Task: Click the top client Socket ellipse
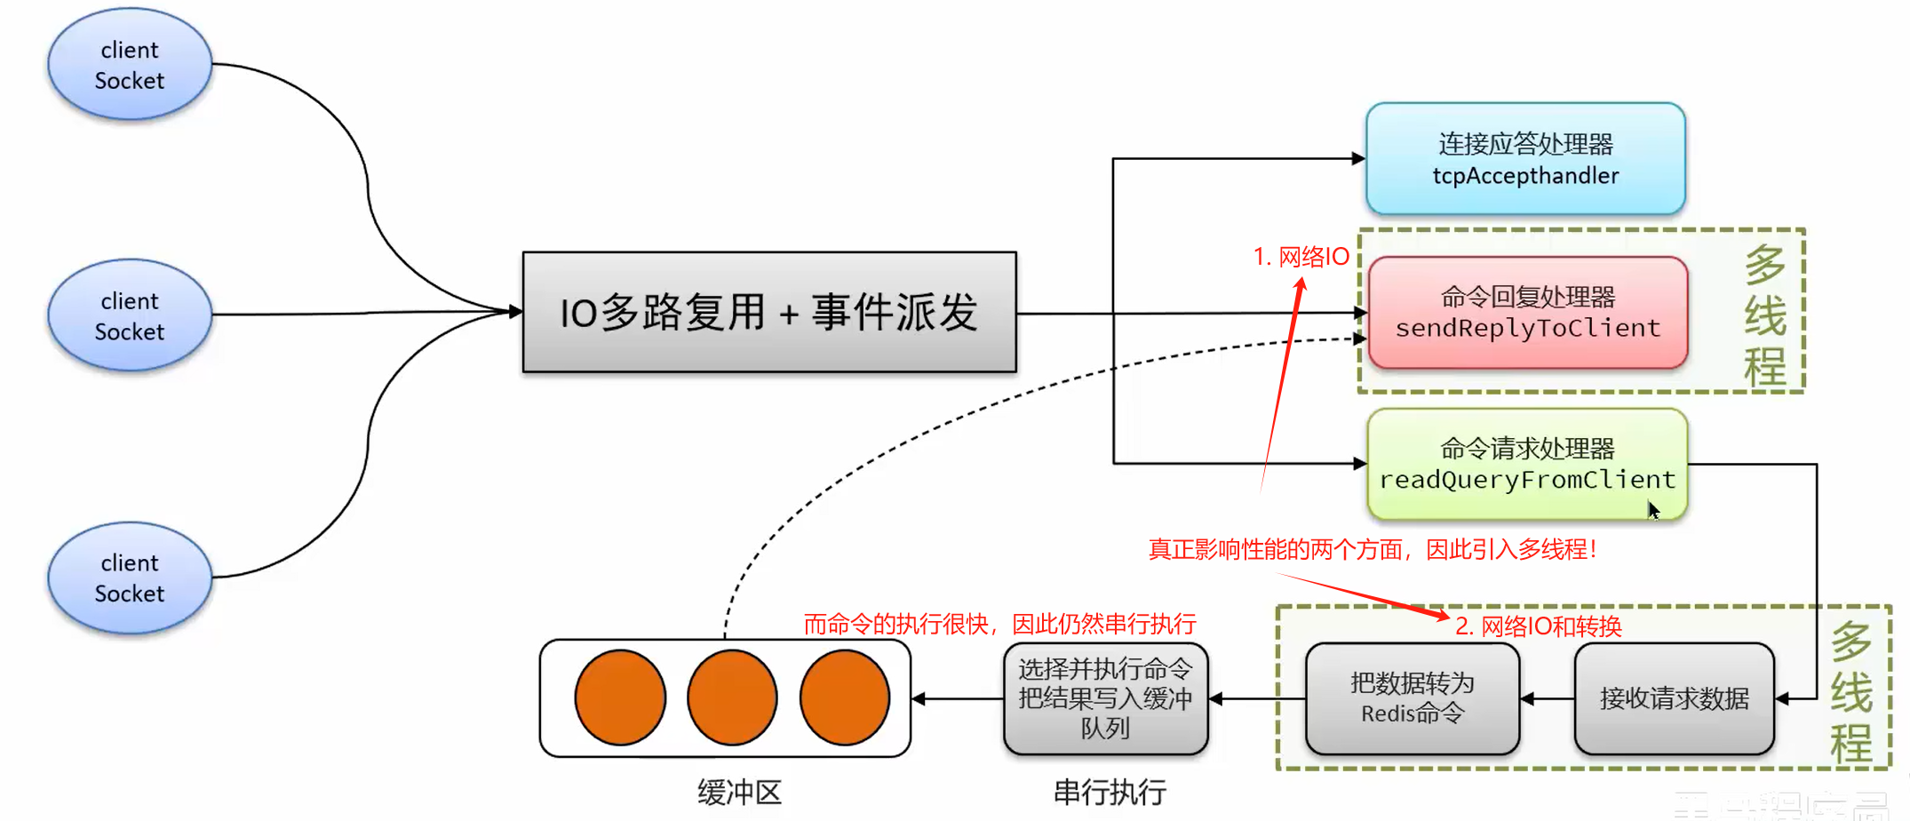[x=130, y=64]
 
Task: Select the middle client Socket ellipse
[x=130, y=315]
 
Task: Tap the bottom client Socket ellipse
[x=130, y=578]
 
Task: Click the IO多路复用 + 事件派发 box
[x=769, y=312]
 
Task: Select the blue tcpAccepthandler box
[x=1525, y=159]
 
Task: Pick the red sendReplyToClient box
[x=1527, y=313]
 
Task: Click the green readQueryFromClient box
[x=1527, y=465]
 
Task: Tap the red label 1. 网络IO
[x=1301, y=257]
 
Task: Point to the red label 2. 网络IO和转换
[x=1538, y=626]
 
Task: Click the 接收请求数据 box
[x=1674, y=698]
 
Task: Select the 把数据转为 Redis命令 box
[x=1412, y=698]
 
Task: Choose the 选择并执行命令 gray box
[x=1105, y=698]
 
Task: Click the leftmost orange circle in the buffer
[x=620, y=697]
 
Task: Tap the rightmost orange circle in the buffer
[x=844, y=697]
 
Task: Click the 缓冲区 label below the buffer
[x=739, y=792]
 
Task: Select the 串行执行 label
[x=1110, y=792]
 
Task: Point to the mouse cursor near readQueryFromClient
[x=1653, y=510]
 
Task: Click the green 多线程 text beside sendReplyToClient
[x=1764, y=315]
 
